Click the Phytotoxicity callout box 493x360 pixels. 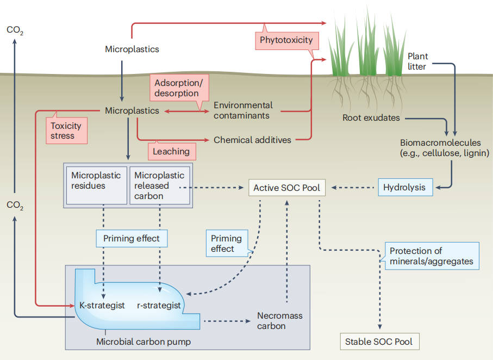pos(286,40)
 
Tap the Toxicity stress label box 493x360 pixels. pos(66,131)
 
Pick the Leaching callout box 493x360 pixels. pos(171,151)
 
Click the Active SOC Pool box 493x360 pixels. pos(287,188)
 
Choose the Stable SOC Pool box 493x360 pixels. pos(379,342)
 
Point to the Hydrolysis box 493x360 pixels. pos(404,188)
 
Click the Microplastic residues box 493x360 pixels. pos(96,185)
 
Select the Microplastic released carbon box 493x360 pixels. pos(160,185)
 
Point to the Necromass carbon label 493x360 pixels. pos(279,321)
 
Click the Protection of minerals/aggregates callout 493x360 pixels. pos(432,256)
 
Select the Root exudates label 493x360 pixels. pos(371,117)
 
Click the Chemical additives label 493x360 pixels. pos(252,140)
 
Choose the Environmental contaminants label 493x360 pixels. pos(243,110)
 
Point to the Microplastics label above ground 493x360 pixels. pos(132,49)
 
